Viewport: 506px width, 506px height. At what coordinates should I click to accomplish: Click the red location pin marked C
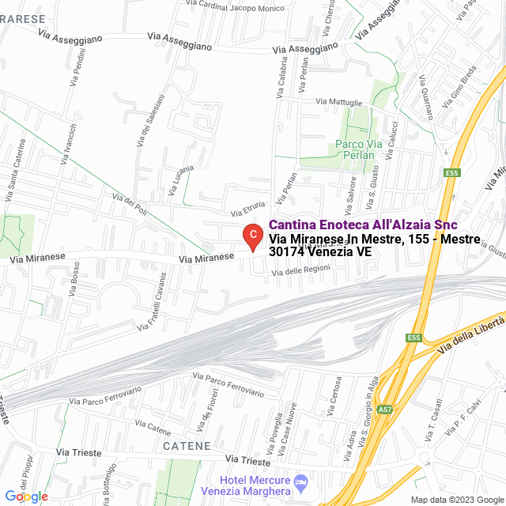pos(251,236)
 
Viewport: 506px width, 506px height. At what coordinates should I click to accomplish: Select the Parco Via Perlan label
pos(359,149)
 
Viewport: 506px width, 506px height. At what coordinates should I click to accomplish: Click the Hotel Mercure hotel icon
pos(300,481)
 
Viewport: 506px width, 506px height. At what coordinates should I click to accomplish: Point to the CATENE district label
pos(187,446)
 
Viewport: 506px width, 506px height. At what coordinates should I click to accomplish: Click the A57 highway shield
pos(384,410)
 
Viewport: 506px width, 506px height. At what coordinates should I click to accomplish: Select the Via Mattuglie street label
pos(339,102)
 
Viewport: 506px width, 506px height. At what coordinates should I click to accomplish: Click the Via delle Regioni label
pos(300,272)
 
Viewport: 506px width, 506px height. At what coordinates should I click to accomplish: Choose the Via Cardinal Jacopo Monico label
pos(236,9)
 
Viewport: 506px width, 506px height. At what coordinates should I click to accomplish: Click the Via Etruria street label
pos(248,210)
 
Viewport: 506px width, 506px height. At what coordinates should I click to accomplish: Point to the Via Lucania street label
pos(181,179)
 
